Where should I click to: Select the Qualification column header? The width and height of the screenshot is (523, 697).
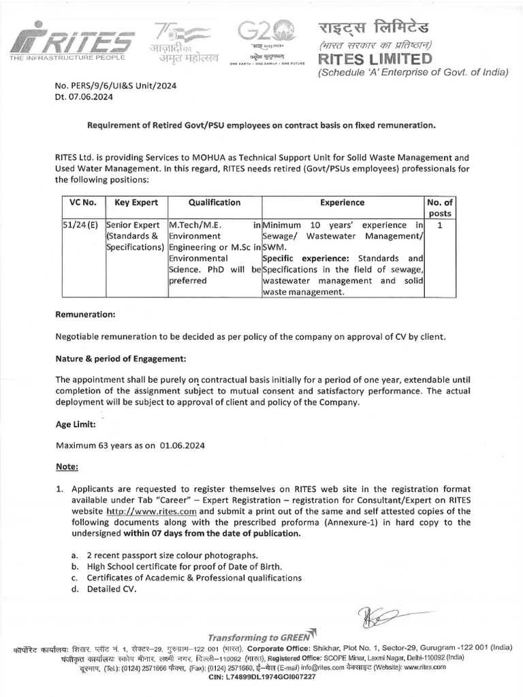215,202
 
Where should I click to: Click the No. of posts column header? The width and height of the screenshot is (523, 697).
441,208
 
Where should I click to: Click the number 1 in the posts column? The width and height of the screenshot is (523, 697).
440,225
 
